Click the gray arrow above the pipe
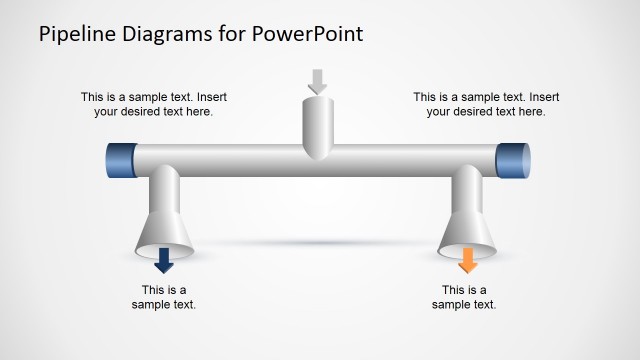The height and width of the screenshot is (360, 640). pyautogui.click(x=317, y=81)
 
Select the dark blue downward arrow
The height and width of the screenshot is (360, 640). pyautogui.click(x=165, y=261)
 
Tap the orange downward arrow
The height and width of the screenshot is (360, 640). pyautogui.click(x=467, y=261)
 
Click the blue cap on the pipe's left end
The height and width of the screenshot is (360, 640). pyautogui.click(x=119, y=161)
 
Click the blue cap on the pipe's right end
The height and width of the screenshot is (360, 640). pyautogui.click(x=513, y=161)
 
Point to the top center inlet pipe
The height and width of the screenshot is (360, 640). pyautogui.click(x=317, y=125)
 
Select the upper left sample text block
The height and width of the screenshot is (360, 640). pyautogui.click(x=154, y=105)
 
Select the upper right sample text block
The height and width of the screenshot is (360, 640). pyautogui.click(x=486, y=105)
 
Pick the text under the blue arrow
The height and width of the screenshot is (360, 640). pyautogui.click(x=164, y=297)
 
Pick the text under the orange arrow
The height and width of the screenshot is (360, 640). pyautogui.click(x=464, y=297)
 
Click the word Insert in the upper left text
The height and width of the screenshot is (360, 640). pyautogui.click(x=213, y=98)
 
